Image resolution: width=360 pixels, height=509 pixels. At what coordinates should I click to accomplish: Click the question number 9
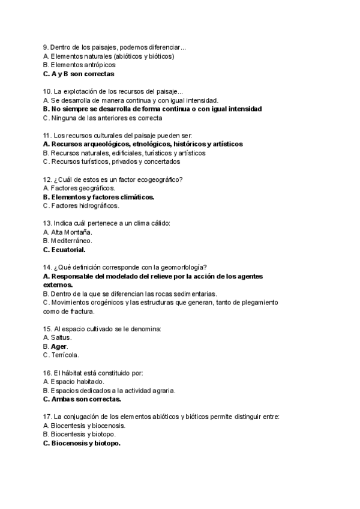pos(46,47)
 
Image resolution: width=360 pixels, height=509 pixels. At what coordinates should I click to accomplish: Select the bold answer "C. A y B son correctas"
pos(79,74)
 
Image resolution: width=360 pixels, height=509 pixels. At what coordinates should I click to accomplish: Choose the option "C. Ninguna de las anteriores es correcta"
pos(103,118)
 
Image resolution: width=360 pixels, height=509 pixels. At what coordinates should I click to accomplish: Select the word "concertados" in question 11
pos(162,161)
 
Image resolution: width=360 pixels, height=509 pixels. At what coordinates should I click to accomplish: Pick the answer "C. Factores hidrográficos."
pos(82,205)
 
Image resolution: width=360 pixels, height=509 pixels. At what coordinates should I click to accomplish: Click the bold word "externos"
pos(58,285)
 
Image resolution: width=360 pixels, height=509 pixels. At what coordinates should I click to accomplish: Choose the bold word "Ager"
pos(59,346)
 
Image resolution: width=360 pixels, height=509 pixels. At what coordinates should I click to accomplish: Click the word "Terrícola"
pos(65,355)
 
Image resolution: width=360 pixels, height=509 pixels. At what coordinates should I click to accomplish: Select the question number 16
pos(47,373)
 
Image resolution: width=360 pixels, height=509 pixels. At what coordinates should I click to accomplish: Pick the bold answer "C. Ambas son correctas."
pos(82,399)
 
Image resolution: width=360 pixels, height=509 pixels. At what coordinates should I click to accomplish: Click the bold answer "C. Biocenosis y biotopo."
pos(82,443)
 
